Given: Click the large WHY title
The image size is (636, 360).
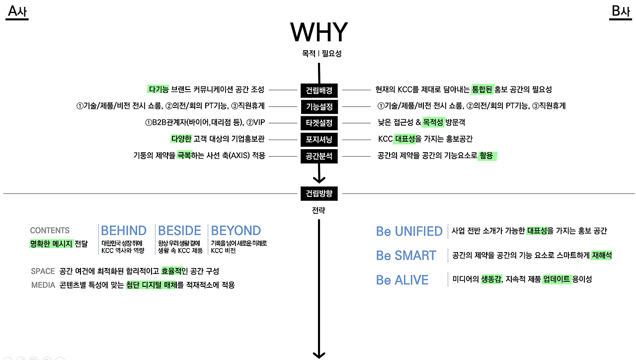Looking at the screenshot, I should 319,32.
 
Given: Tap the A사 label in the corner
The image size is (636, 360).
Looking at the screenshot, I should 17,11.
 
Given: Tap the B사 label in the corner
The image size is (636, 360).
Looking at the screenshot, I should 620,11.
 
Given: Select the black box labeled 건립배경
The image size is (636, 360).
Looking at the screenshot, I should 319,90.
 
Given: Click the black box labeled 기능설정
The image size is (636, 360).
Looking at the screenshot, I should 319,106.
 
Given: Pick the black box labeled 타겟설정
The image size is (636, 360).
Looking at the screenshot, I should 319,122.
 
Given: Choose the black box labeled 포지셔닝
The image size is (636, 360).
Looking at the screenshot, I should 319,139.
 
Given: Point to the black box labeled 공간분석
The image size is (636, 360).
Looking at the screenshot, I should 319,156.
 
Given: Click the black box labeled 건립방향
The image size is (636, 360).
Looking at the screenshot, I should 319,193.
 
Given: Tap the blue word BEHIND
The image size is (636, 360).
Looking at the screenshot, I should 124,231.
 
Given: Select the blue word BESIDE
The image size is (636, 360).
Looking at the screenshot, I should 179,231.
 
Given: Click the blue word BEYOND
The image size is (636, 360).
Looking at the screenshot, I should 236,231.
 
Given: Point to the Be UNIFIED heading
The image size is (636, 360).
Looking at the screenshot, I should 409,231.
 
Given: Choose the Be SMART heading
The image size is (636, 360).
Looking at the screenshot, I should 406,256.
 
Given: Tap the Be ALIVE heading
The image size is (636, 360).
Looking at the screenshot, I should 402,280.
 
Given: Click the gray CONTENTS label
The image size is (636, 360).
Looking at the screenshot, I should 50,230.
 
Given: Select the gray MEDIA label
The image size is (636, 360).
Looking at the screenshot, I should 43,285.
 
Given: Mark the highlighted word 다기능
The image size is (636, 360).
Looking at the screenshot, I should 159,90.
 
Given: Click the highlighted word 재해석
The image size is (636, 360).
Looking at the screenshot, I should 601,255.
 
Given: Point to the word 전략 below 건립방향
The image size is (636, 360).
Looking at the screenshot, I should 318,210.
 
